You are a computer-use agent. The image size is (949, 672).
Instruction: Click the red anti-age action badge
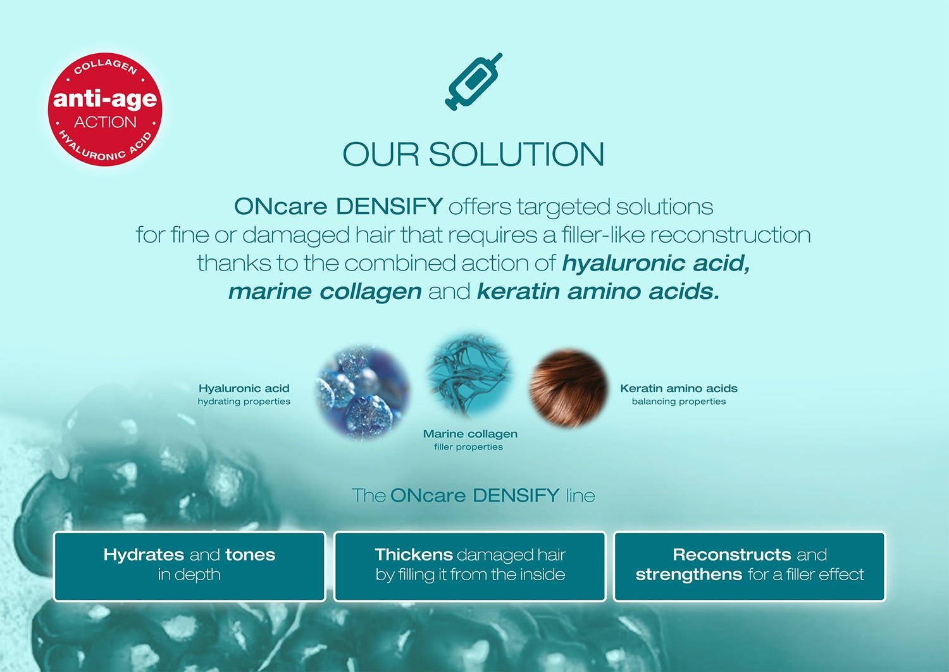(x=105, y=109)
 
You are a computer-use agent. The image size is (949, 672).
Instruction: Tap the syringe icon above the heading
(x=473, y=82)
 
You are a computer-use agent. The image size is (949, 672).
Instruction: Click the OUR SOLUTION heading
(x=473, y=154)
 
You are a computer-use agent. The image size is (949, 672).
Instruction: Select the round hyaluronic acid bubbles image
(x=363, y=393)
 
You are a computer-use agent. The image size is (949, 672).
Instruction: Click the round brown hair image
(x=569, y=388)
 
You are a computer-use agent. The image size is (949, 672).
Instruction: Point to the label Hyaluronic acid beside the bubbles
(x=244, y=388)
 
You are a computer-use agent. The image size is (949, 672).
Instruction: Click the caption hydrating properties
(x=244, y=402)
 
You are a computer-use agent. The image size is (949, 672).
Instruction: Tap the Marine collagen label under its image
(x=470, y=434)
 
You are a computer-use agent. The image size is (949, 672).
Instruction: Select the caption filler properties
(x=469, y=447)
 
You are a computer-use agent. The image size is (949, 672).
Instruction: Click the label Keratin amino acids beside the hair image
(x=679, y=388)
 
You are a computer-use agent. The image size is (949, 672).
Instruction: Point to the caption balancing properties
(x=679, y=402)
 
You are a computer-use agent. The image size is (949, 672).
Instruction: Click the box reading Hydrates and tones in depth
(x=189, y=566)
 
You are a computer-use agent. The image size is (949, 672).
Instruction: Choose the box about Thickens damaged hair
(x=470, y=566)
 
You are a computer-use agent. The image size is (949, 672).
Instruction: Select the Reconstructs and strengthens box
(x=750, y=566)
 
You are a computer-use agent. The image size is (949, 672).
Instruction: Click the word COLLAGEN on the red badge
(x=106, y=67)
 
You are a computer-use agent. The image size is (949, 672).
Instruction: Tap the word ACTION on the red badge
(x=105, y=122)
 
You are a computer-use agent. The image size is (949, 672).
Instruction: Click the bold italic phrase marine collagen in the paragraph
(x=325, y=291)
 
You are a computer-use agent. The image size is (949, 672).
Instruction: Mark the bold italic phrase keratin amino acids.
(x=599, y=291)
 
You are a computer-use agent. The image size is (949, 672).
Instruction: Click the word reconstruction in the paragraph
(x=730, y=235)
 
